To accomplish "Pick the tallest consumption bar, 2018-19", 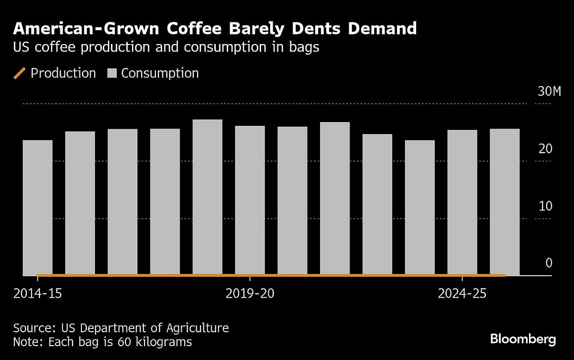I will pyautogui.click(x=207, y=197).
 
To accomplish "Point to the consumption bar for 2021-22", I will pyautogui.click(x=335, y=198).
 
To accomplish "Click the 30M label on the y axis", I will pyautogui.click(x=549, y=91).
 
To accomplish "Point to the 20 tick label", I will pyautogui.click(x=545, y=149).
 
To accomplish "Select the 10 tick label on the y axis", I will pyautogui.click(x=545, y=206).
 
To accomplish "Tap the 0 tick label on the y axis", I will pyautogui.click(x=549, y=263).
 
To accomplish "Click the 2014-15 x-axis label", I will pyautogui.click(x=37, y=293).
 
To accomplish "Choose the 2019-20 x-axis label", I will pyautogui.click(x=250, y=293).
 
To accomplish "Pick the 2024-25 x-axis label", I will pyautogui.click(x=462, y=293).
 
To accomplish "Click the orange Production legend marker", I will pyautogui.click(x=20, y=73).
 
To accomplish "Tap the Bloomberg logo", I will pyautogui.click(x=523, y=339).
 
